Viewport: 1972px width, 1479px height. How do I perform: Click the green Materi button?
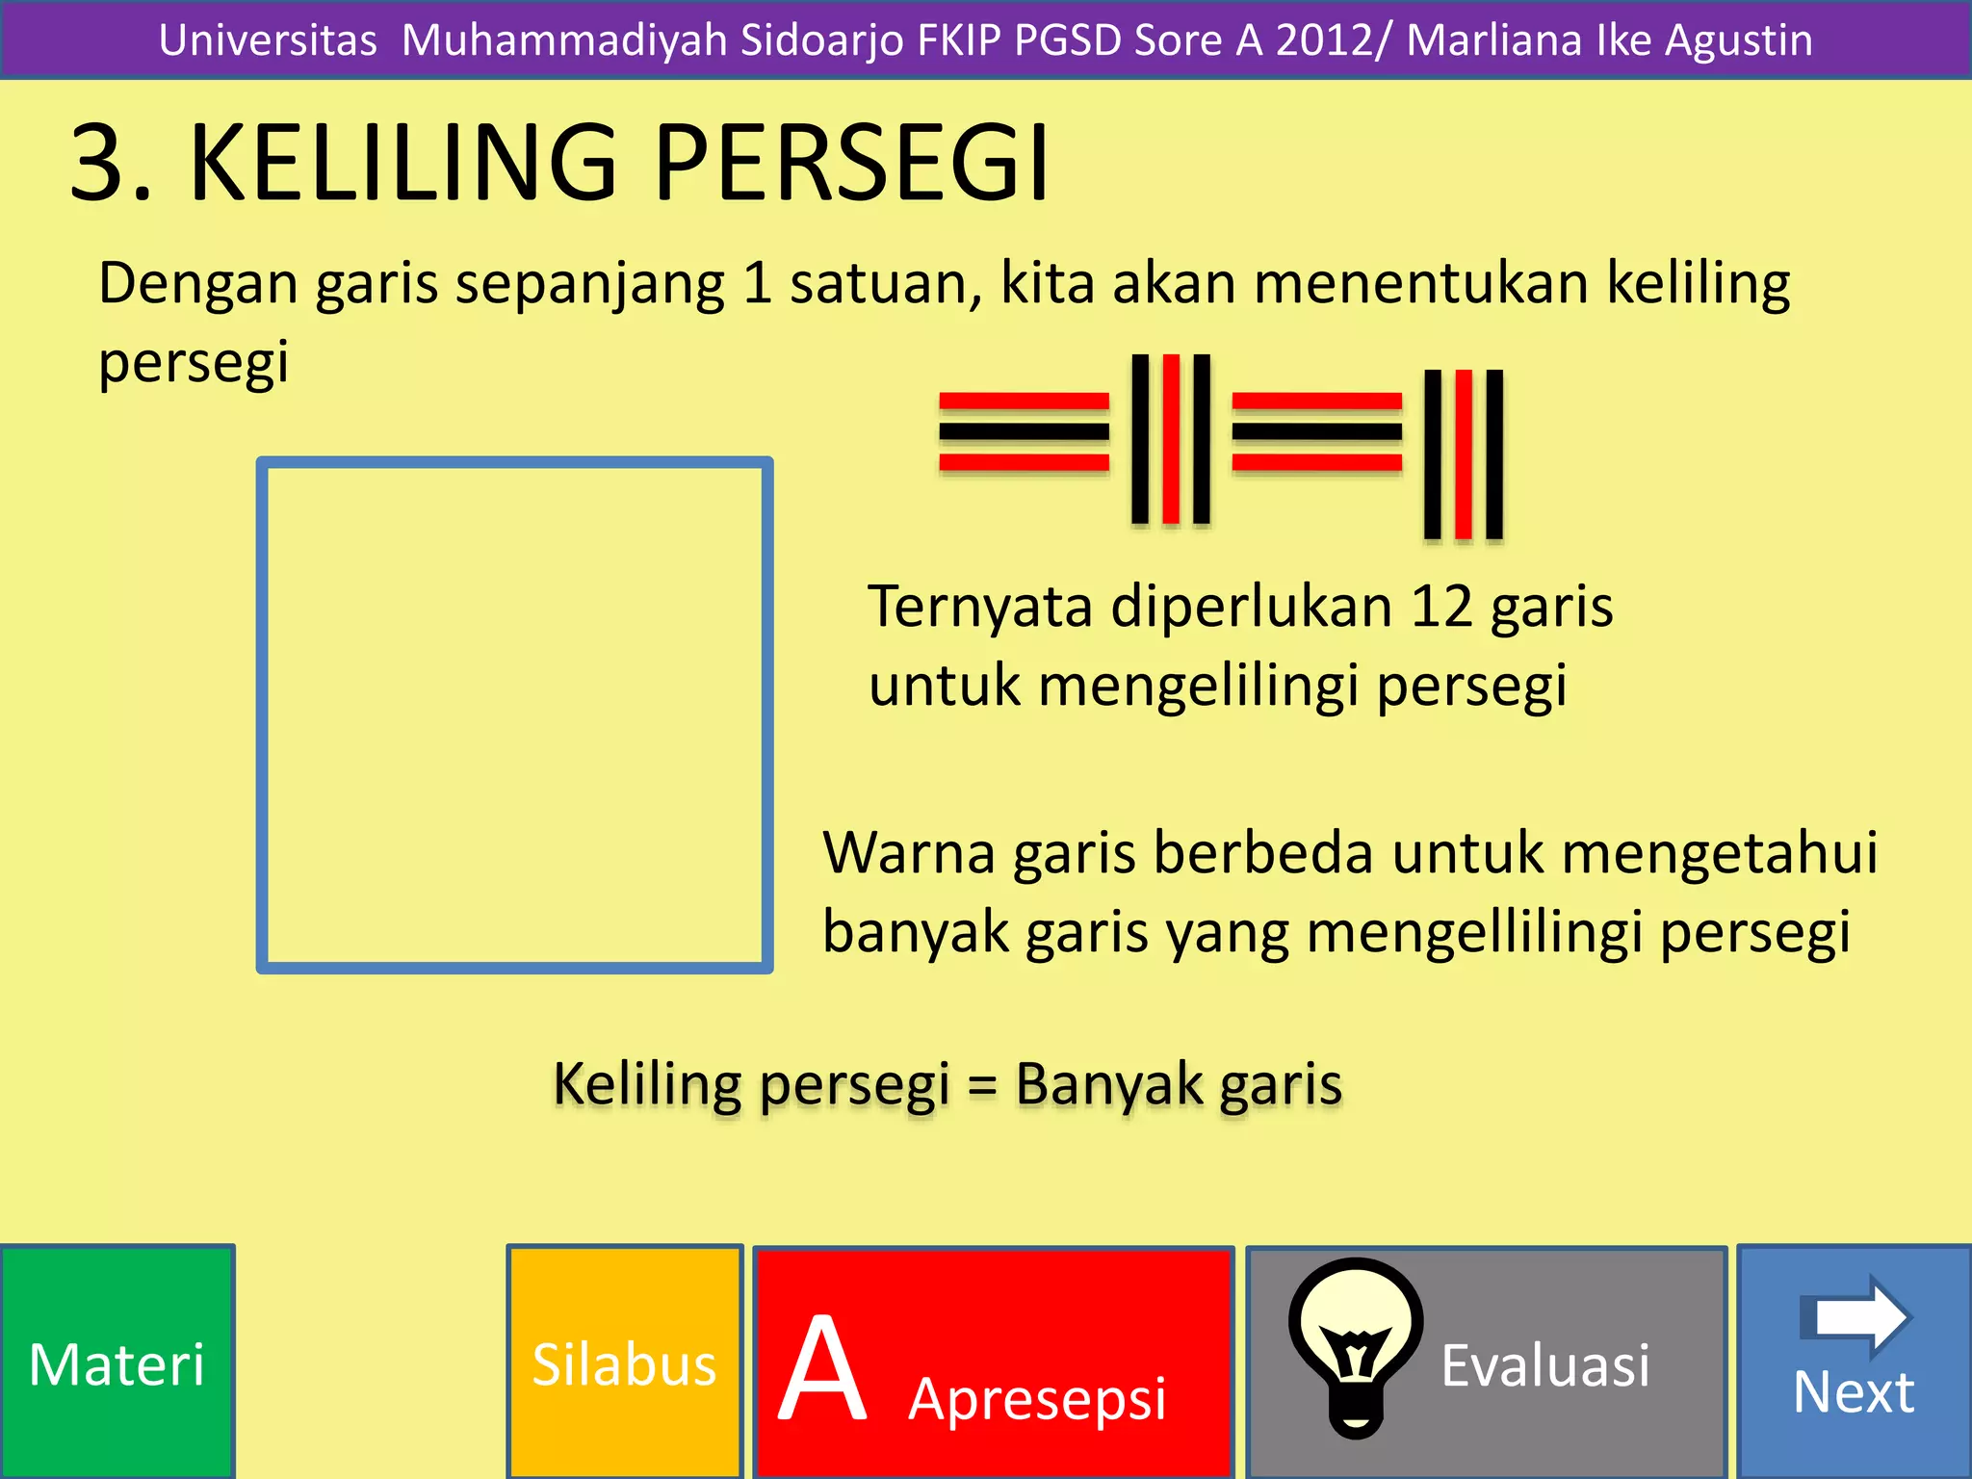[117, 1362]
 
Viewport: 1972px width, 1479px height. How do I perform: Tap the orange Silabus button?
[625, 1362]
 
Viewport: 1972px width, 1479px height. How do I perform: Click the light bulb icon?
[1356, 1344]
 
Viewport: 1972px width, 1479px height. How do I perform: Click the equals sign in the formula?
[981, 1086]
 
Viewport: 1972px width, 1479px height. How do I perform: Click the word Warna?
[908, 853]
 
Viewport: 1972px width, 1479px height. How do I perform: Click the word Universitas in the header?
[268, 40]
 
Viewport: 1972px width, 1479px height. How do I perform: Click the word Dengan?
[197, 285]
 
